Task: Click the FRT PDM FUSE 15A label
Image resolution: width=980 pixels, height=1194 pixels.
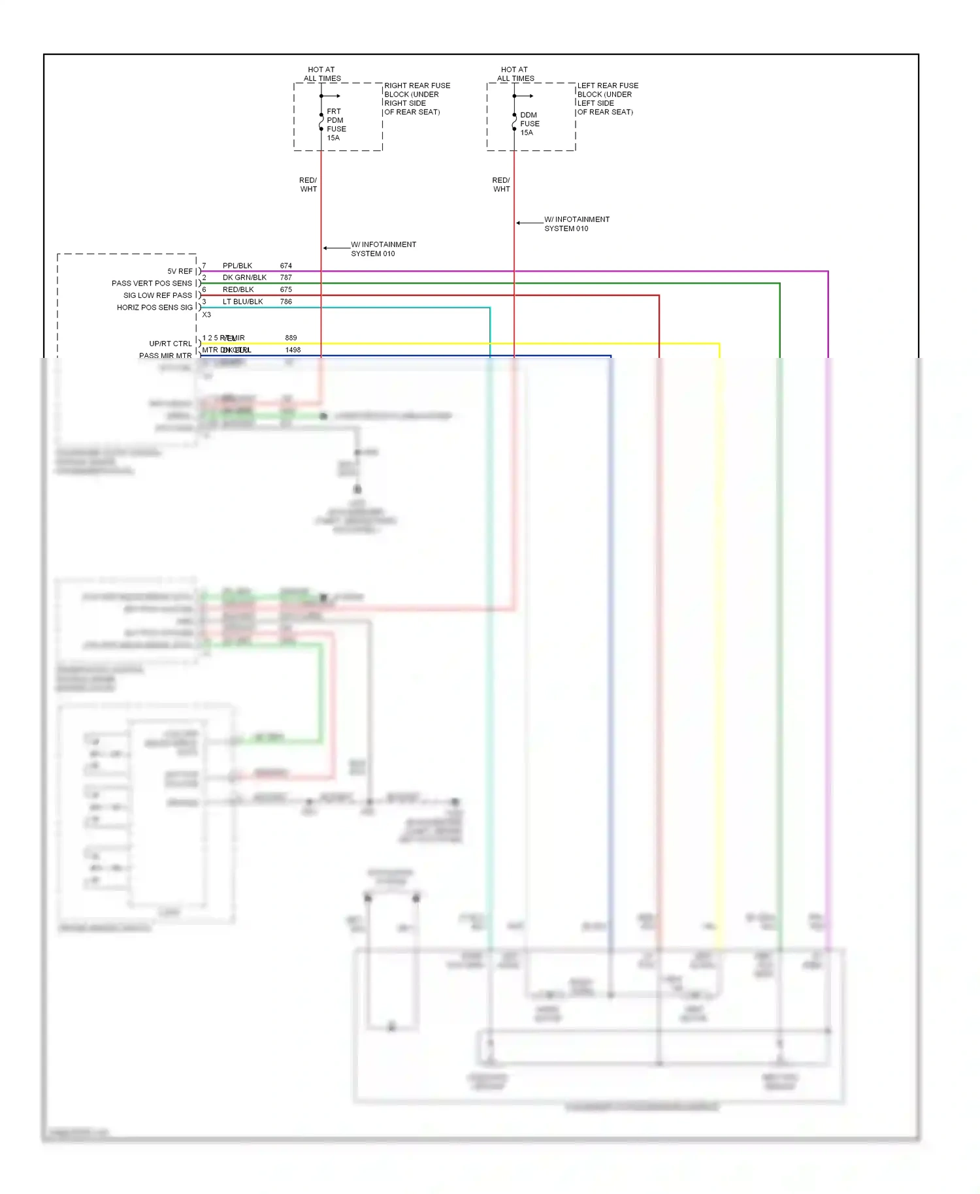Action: (336, 124)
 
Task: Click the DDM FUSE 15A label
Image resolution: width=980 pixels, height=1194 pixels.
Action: (529, 123)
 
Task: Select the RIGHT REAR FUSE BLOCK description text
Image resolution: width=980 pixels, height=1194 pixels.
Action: (417, 99)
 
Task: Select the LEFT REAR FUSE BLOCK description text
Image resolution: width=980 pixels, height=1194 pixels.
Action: (608, 99)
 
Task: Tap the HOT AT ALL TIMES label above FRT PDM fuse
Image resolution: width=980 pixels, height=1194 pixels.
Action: (321, 74)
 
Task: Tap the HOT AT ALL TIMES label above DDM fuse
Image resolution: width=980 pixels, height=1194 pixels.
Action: (515, 74)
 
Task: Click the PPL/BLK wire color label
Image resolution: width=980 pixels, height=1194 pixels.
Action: (237, 266)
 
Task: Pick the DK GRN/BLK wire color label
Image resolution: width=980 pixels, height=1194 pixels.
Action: (244, 278)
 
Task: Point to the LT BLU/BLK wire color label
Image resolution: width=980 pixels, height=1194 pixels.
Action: (242, 302)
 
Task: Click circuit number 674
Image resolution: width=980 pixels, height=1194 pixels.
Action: (286, 266)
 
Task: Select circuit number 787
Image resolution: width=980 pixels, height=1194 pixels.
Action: (286, 278)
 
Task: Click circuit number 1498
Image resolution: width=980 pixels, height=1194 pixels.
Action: (293, 350)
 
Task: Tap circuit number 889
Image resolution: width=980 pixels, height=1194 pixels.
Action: (291, 338)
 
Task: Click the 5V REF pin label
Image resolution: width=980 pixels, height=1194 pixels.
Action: (180, 271)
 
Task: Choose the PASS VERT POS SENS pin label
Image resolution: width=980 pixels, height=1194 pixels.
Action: (152, 283)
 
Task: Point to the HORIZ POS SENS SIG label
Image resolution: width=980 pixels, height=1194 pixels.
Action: (155, 308)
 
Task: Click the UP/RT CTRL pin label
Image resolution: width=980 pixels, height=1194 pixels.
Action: (170, 344)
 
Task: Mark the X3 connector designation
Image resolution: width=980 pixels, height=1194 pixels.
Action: (206, 315)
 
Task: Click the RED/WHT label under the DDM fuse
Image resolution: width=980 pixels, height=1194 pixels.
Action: (501, 185)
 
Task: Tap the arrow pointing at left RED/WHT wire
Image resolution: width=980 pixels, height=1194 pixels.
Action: (326, 248)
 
